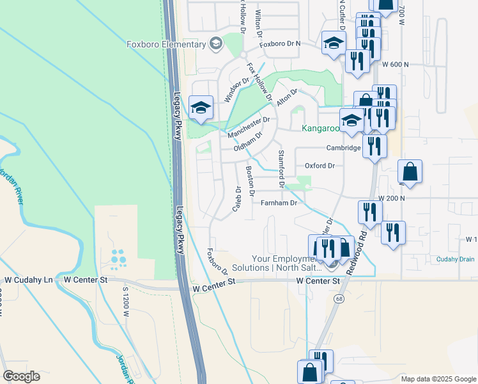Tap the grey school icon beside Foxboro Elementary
(x=216, y=44)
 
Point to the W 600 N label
(x=396, y=65)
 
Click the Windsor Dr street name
(x=236, y=90)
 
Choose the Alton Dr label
(x=286, y=97)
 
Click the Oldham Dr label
(x=249, y=143)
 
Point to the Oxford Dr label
(x=320, y=166)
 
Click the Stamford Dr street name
(x=281, y=164)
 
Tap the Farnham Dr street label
(x=279, y=203)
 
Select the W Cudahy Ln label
(x=29, y=280)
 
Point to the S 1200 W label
(x=125, y=303)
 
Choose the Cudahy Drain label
(x=456, y=259)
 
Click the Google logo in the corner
(x=21, y=376)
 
